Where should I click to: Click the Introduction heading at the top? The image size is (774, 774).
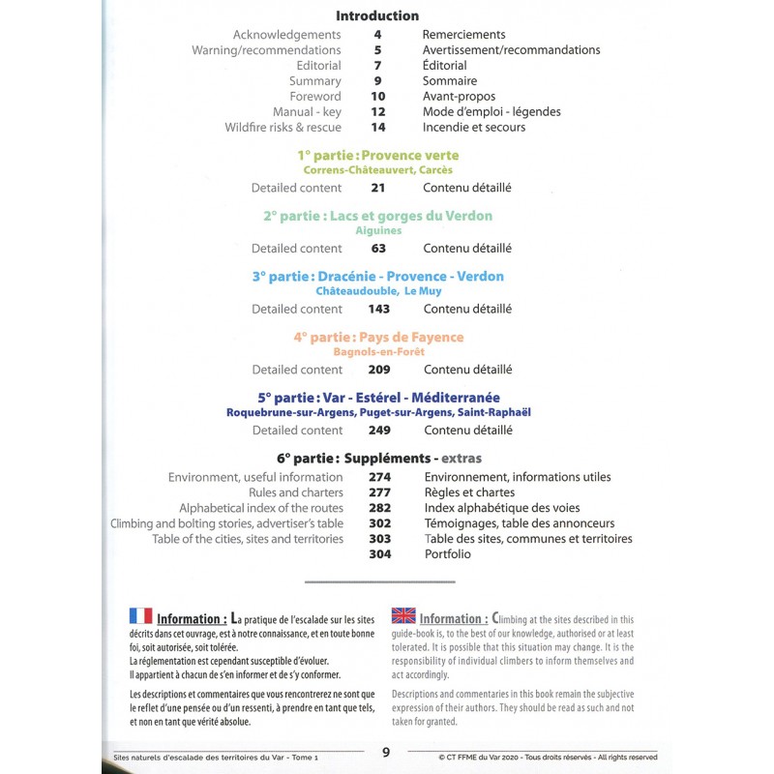coord(377,15)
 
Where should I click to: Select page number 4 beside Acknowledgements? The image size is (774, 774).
coord(377,35)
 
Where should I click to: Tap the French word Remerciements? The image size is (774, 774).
coord(463,35)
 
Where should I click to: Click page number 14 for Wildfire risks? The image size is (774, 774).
coord(377,128)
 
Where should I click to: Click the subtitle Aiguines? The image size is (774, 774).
coord(378,231)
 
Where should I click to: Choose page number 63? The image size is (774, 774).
coord(377,249)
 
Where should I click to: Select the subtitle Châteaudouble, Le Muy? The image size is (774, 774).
coord(378,291)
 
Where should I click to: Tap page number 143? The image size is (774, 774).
coord(378,310)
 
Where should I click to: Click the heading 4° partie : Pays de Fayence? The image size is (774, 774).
coord(378,337)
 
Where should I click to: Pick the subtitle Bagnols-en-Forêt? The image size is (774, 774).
coord(378,352)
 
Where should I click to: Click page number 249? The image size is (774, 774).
coord(378,431)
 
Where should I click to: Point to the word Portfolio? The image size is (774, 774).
coord(447,554)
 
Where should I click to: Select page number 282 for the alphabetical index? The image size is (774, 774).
coord(378,508)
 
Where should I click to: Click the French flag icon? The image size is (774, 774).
coord(140,616)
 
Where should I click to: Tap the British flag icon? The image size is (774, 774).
coord(402,615)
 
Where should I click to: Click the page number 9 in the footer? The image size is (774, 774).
coord(386,753)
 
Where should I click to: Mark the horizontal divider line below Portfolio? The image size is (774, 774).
coord(378,581)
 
